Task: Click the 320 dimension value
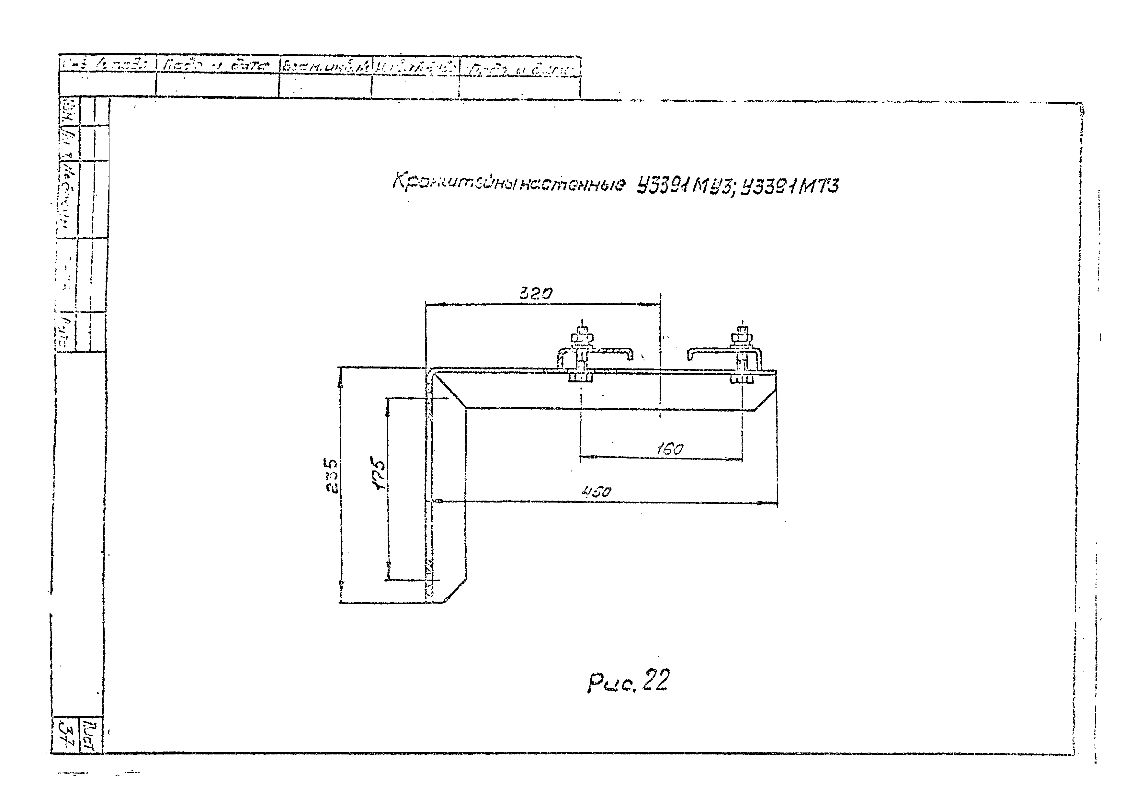536,294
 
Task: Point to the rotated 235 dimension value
333,476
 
